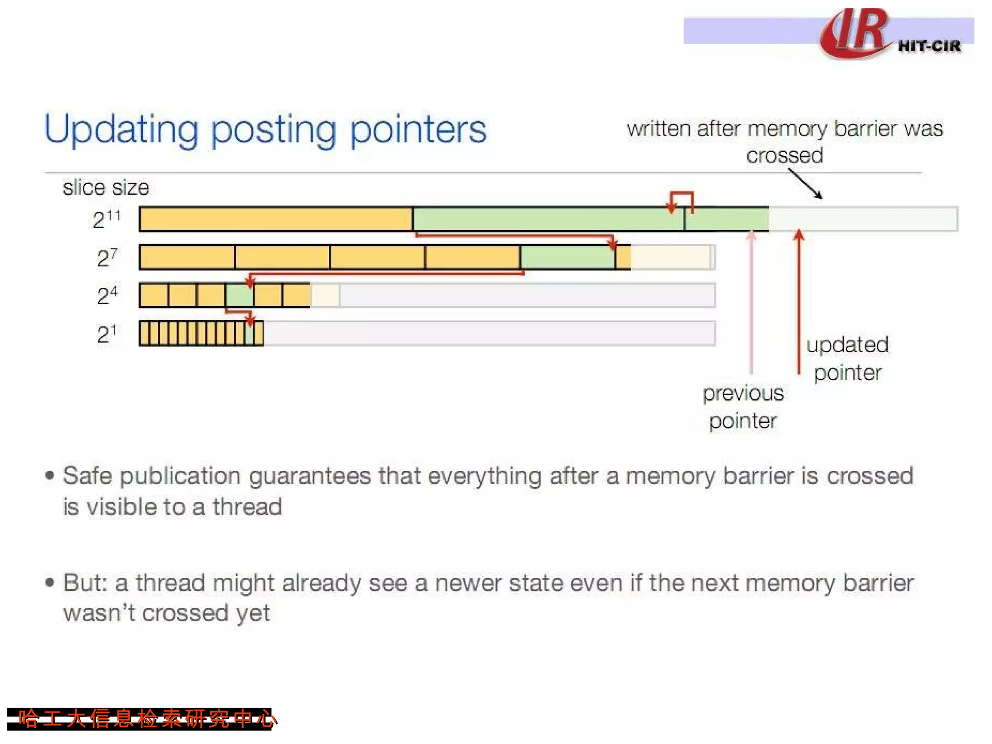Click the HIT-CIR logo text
click(929, 46)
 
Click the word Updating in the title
click(121, 130)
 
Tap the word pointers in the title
click(418, 130)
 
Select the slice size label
click(106, 187)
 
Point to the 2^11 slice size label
click(107, 219)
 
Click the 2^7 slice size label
click(107, 257)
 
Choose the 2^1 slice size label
click(107, 333)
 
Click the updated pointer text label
click(847, 358)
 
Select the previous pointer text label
click(743, 407)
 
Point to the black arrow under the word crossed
click(805, 184)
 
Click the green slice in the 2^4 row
click(239, 295)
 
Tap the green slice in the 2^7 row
click(567, 257)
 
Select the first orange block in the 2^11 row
click(276, 219)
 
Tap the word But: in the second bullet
click(85, 583)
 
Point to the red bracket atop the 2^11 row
click(682, 195)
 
